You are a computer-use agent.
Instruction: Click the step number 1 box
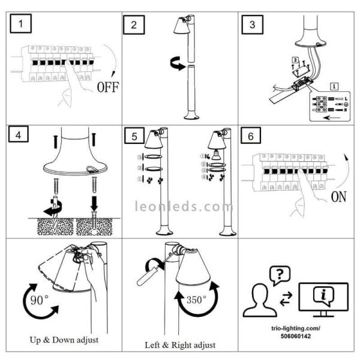22,25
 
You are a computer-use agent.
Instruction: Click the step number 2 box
134,25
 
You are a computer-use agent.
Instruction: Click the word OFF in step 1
107,88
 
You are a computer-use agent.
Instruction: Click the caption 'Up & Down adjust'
64,340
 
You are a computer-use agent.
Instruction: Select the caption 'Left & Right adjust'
180,345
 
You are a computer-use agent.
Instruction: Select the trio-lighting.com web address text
298,329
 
